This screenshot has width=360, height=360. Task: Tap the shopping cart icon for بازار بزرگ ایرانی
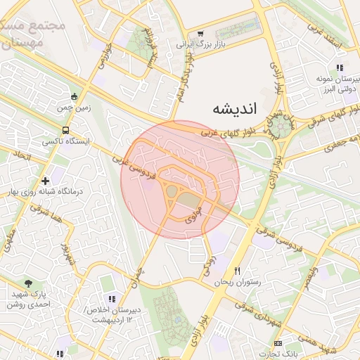coord(200,34)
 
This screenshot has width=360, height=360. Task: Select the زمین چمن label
coord(75,108)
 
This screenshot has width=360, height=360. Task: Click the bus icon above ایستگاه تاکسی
coord(65,130)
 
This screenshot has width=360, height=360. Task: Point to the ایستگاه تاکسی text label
coord(65,141)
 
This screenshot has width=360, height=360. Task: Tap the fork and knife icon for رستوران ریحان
coord(237,271)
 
